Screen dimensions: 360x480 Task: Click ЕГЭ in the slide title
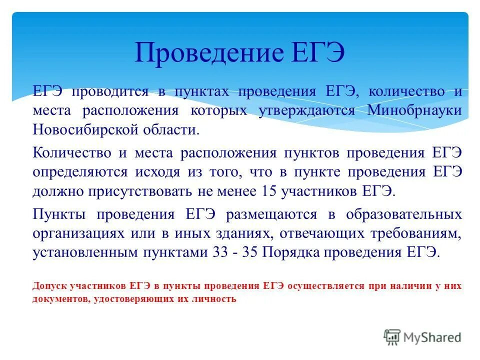pos(310,53)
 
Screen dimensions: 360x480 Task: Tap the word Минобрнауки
pos(414,110)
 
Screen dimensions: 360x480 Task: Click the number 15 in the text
pos(266,191)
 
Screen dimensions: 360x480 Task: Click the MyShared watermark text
pos(432,337)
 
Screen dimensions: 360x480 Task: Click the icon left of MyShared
pos(392,337)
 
